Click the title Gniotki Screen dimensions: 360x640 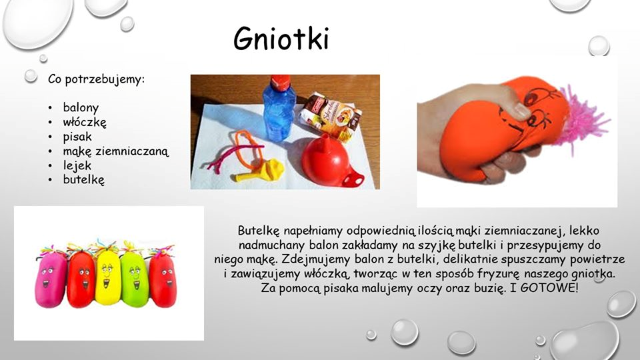coord(281,40)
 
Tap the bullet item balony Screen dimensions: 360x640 coord(81,107)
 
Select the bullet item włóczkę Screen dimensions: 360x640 coord(85,122)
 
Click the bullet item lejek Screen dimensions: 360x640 coord(77,165)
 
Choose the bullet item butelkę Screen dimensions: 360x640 coord(84,180)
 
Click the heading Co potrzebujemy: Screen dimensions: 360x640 coord(97,79)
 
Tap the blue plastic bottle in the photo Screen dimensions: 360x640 coord(279,110)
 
